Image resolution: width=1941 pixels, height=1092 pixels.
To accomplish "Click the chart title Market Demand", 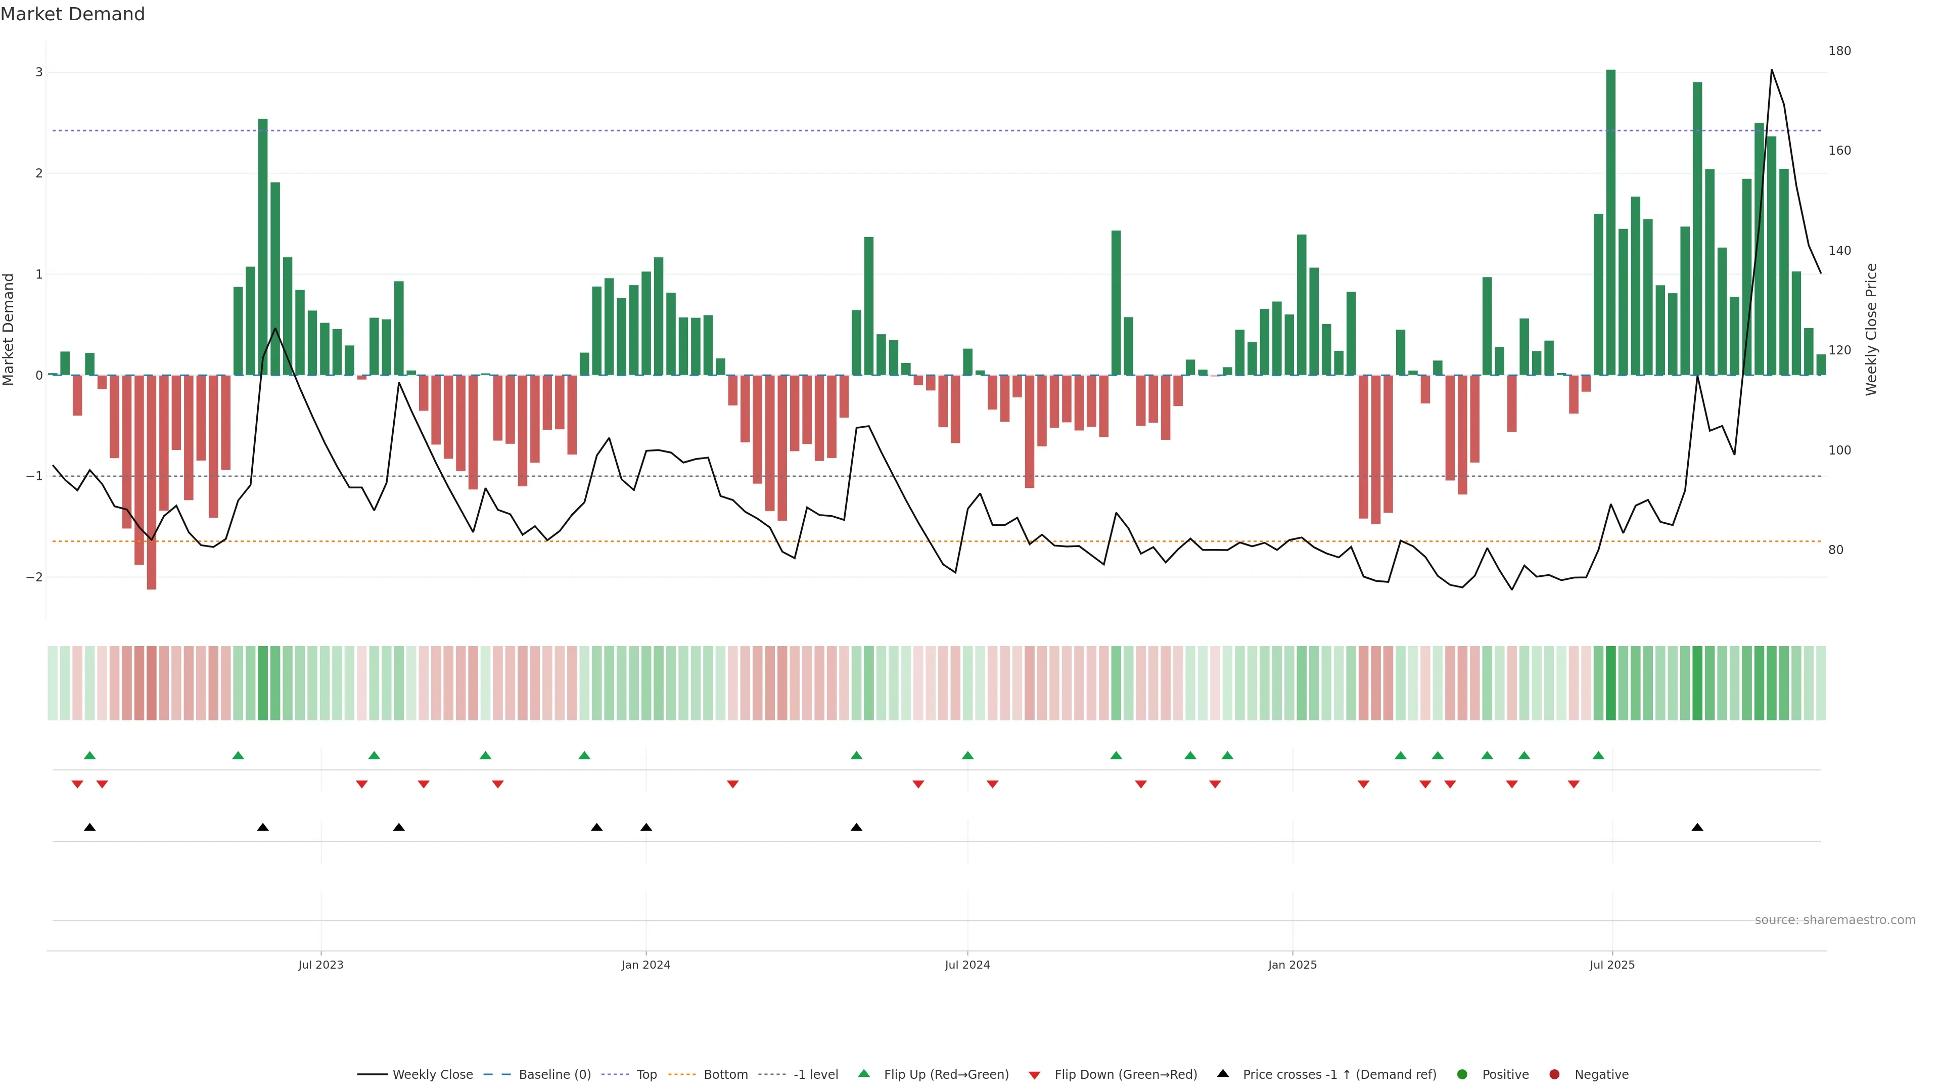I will coord(72,14).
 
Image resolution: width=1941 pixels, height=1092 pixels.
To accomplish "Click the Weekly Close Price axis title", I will coord(1872,329).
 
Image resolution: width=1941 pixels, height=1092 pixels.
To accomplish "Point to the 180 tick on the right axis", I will coord(1839,51).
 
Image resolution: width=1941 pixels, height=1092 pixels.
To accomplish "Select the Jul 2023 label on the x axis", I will coord(320,965).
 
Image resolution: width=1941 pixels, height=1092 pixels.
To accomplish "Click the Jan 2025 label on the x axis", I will coord(1292,965).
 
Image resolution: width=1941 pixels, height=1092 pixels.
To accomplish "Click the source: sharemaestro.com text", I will coord(1835,920).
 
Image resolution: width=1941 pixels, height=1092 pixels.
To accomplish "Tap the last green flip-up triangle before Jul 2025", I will coord(1598,755).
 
